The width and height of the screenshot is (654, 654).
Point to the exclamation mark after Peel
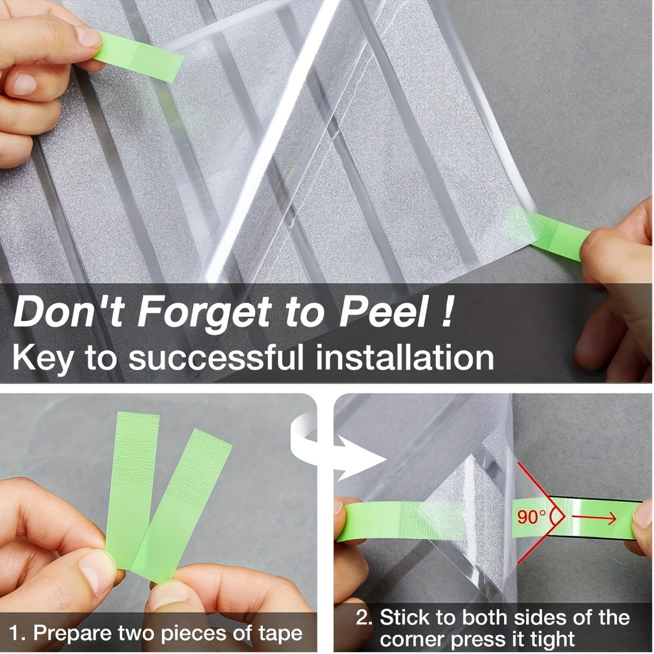pyautogui.click(x=446, y=313)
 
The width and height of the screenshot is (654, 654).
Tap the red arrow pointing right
pyautogui.click(x=594, y=517)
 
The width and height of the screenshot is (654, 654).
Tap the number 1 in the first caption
pyautogui.click(x=17, y=633)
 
